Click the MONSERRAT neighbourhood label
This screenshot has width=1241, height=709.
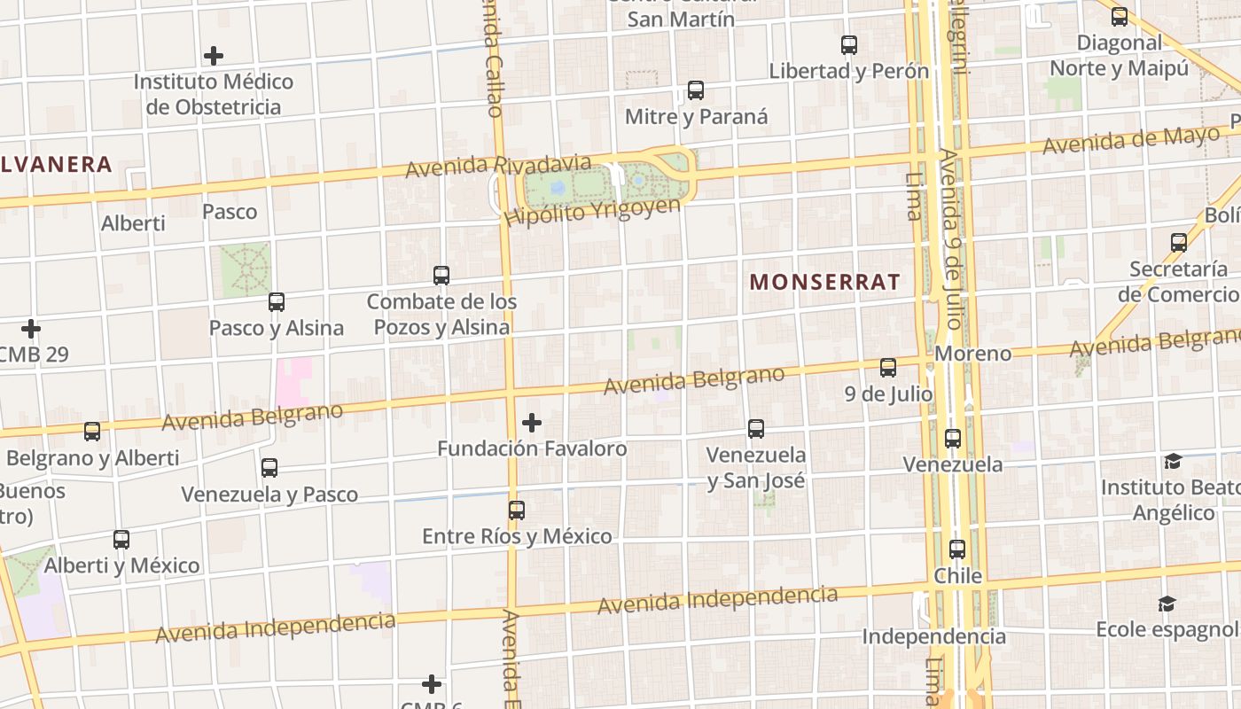pos(824,283)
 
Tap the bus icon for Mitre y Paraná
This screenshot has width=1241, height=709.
pos(696,90)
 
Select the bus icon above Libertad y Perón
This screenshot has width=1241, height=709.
pos(849,45)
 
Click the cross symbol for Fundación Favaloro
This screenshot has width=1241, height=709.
pos(532,423)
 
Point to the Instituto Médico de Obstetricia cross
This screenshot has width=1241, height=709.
pos(214,56)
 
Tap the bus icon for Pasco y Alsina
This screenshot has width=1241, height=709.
pos(277,302)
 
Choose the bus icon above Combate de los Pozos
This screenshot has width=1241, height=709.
pos(441,276)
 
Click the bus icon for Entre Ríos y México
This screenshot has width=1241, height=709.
pos(517,510)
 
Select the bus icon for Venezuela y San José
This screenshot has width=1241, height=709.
pos(756,429)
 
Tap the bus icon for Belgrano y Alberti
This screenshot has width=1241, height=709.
pos(92,432)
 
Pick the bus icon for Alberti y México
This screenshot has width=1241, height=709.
pos(121,539)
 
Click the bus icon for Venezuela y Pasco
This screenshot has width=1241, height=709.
pos(269,468)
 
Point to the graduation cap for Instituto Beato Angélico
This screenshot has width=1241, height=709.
pos(1173,462)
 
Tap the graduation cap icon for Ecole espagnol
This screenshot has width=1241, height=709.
pos(1167,604)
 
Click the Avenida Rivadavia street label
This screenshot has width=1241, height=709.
pos(498,166)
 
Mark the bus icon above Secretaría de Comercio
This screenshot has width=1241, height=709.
pos(1179,243)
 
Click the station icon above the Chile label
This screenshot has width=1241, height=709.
pos(957,549)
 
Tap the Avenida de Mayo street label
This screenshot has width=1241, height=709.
pos(1131,141)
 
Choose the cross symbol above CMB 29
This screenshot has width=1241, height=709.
pos(31,329)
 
